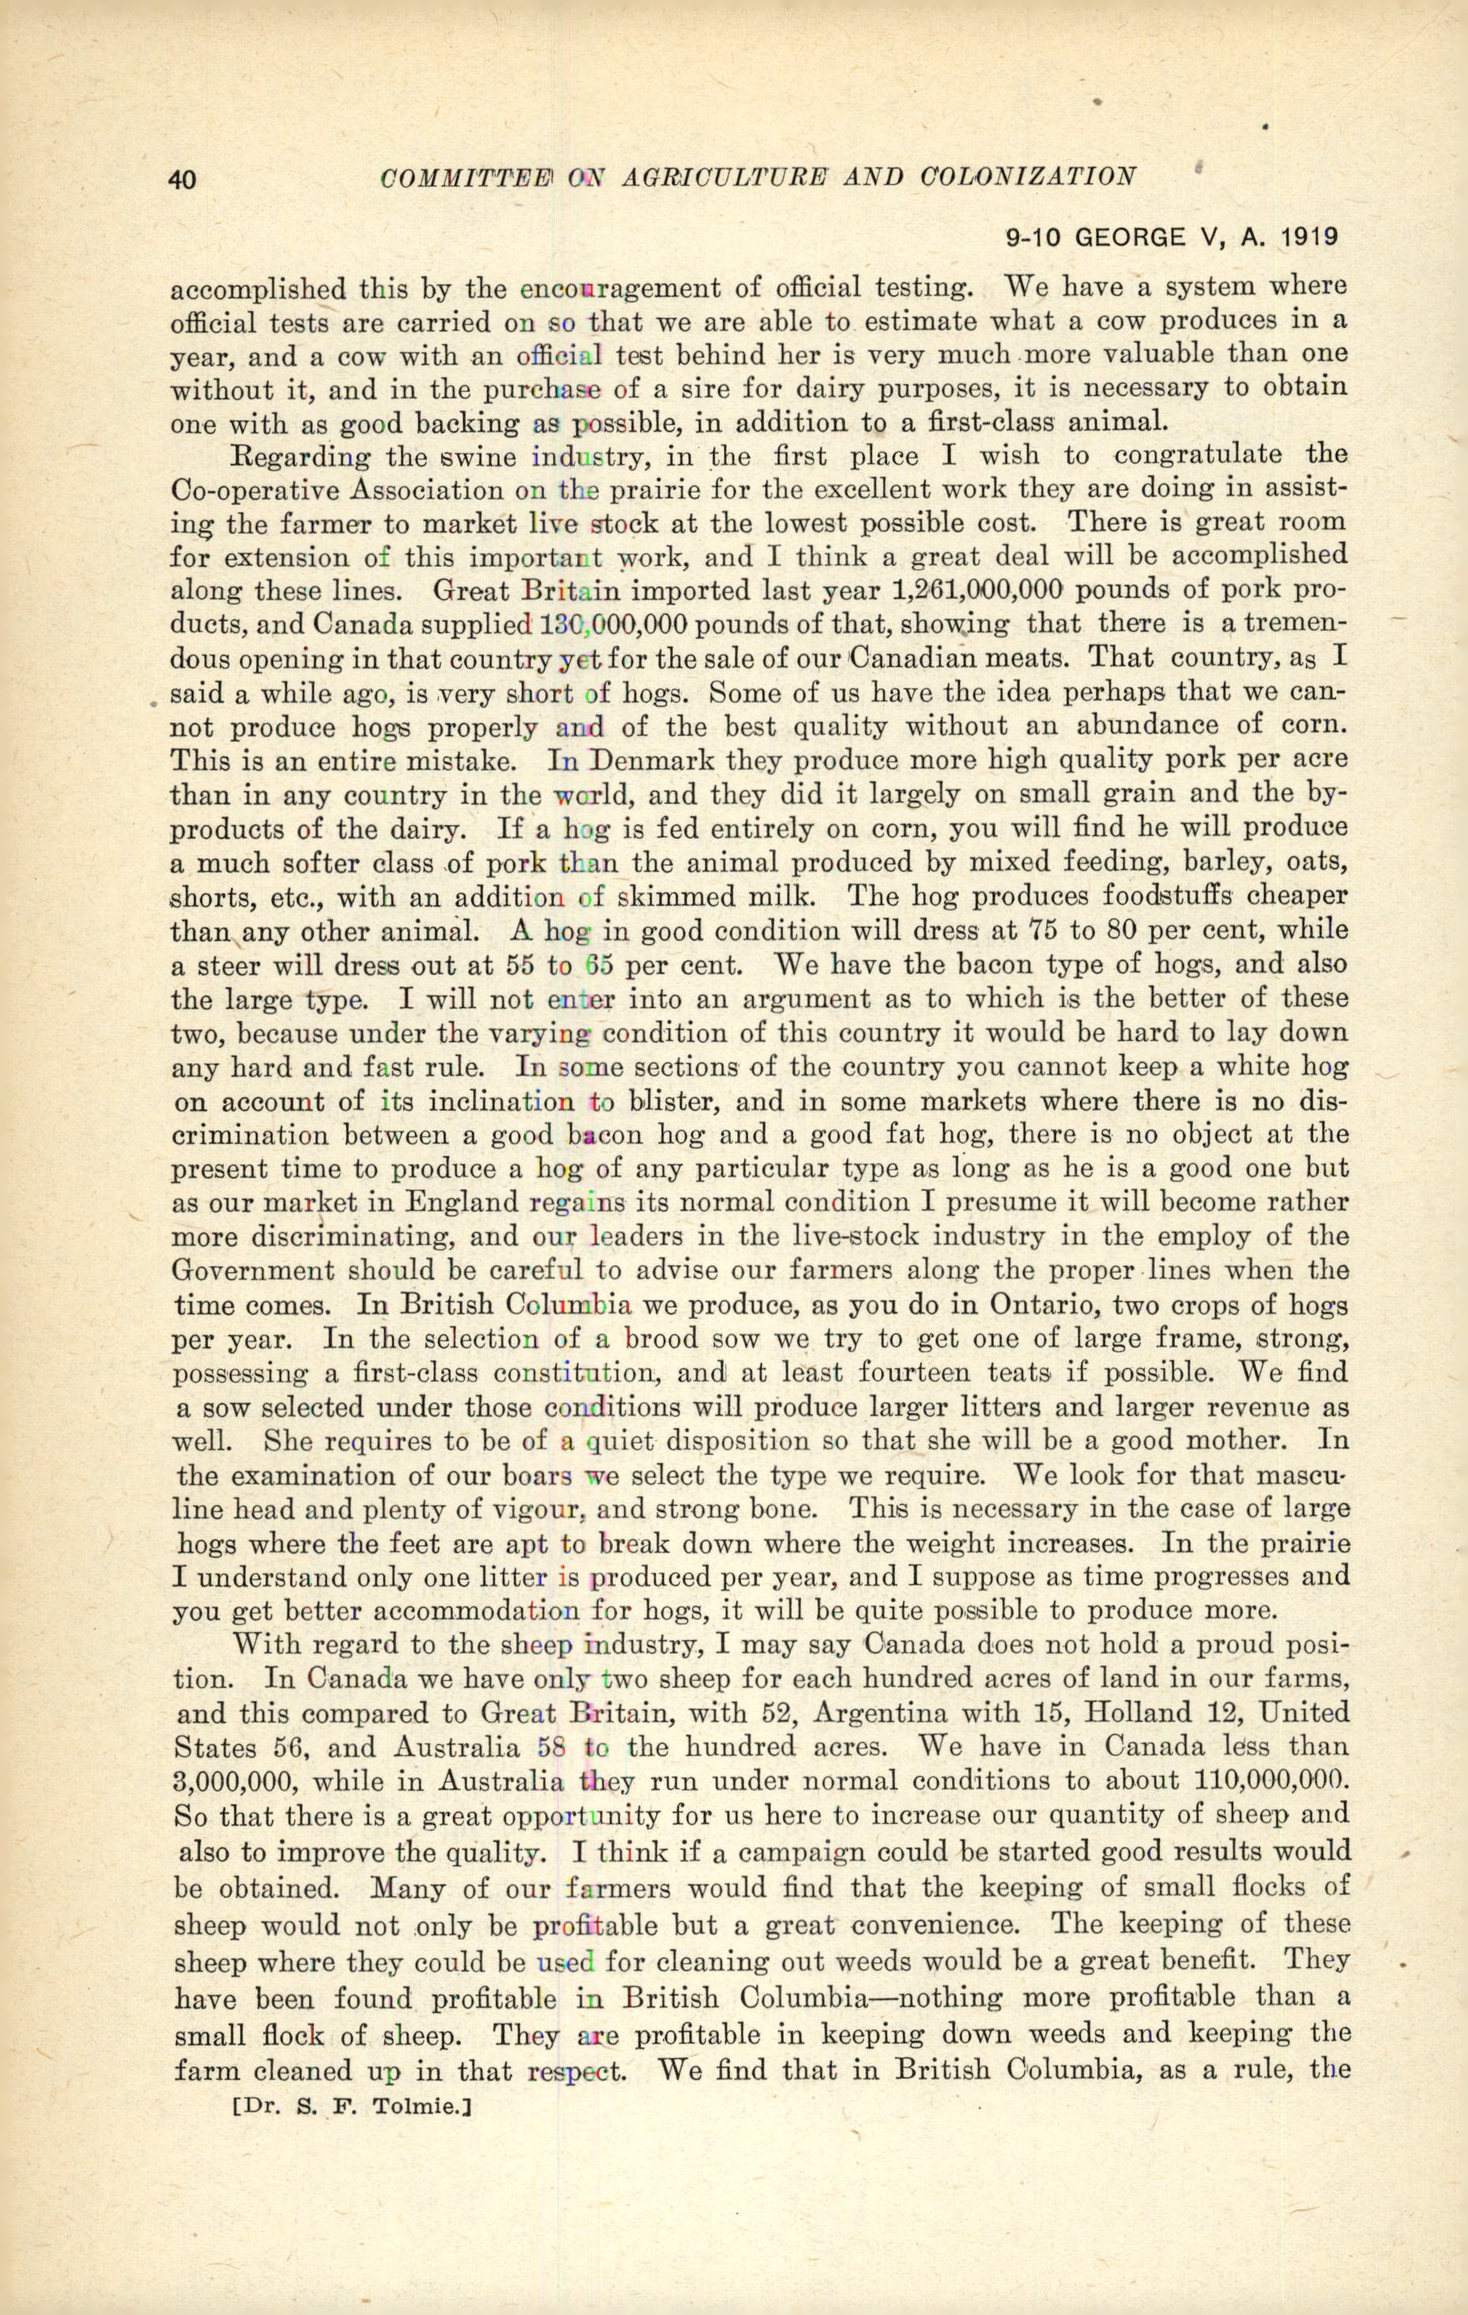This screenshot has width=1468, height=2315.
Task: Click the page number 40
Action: pos(183,179)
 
